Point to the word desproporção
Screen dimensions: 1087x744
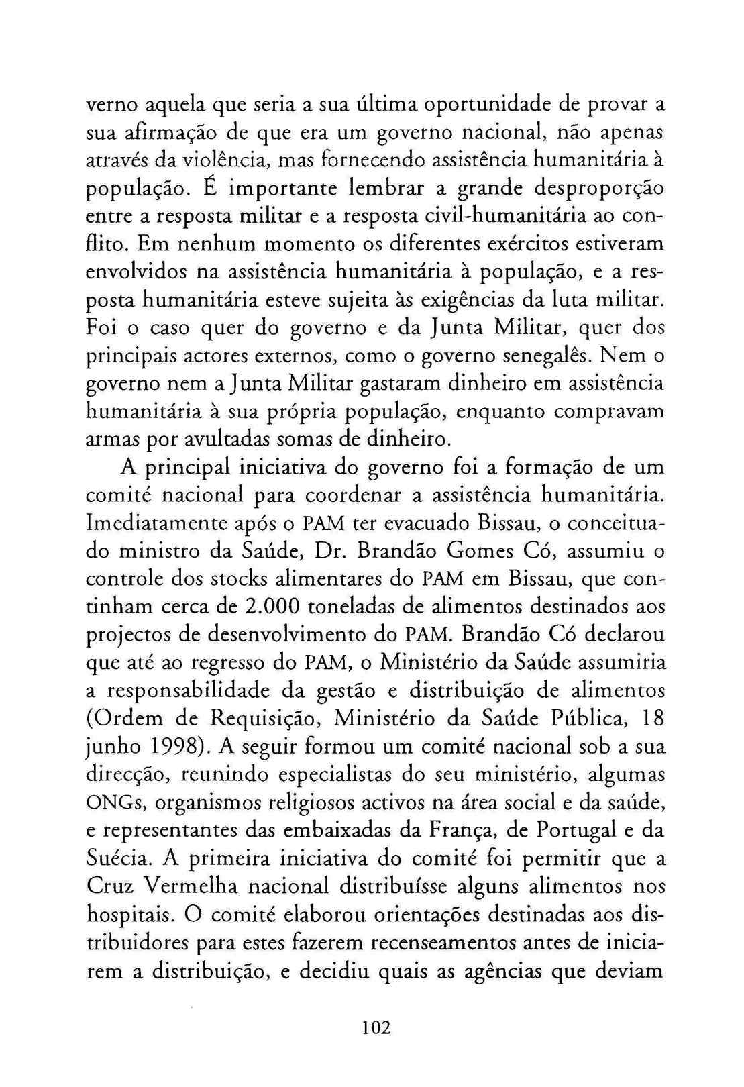[598, 189]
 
